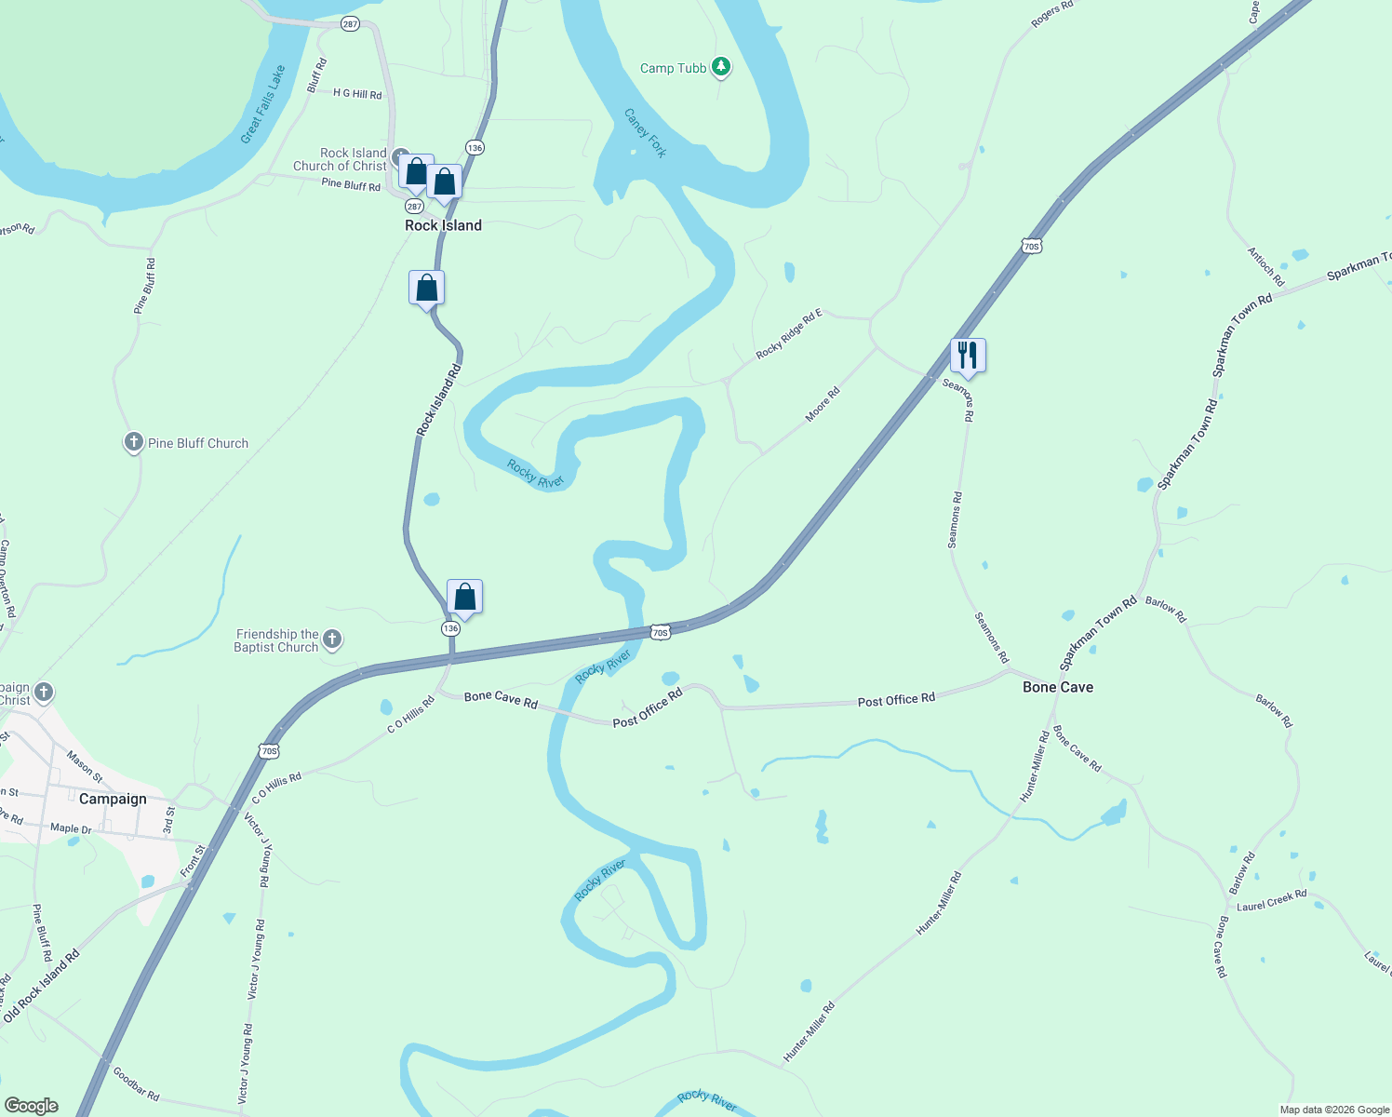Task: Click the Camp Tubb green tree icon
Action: point(721,67)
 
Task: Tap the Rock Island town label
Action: point(443,225)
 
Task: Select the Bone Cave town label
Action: point(1058,687)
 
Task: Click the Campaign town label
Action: point(113,799)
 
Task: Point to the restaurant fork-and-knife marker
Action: point(968,356)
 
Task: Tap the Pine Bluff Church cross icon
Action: point(134,443)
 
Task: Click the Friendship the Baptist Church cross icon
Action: point(332,639)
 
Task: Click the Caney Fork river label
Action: point(645,133)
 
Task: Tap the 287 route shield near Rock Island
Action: point(414,207)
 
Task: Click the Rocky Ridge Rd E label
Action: point(789,334)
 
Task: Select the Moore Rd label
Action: point(823,404)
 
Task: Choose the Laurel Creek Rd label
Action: point(1271,900)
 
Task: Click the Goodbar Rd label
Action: point(136,1083)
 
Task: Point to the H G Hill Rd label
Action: point(357,94)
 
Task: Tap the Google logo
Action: point(31,1106)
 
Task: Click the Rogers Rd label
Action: point(1052,14)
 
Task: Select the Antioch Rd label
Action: point(1265,267)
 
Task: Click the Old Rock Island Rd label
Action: point(42,986)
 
